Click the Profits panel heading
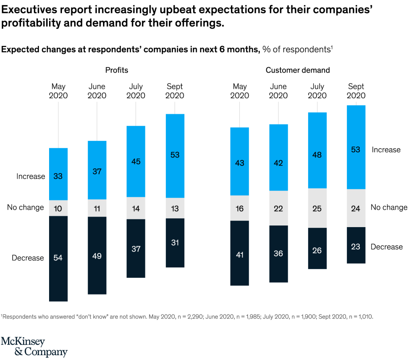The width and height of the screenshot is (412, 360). [x=117, y=70]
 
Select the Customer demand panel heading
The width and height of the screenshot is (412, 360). [x=297, y=70]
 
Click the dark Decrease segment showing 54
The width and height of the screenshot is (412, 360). [x=58, y=258]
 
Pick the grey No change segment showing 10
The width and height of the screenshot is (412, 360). [x=58, y=208]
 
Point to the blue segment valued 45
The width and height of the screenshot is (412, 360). [x=136, y=161]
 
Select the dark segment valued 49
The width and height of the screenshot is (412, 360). [x=97, y=255]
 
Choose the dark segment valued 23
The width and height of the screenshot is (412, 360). [x=356, y=245]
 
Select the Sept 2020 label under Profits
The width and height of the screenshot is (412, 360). [x=175, y=91]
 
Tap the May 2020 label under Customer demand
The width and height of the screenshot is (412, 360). [x=240, y=91]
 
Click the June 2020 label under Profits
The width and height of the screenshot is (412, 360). [x=97, y=91]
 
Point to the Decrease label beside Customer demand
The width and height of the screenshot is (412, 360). [x=387, y=247]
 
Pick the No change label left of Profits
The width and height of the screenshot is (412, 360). [x=25, y=207]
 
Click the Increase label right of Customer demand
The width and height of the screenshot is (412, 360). [x=386, y=150]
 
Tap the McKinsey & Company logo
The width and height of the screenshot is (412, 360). [x=34, y=346]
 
